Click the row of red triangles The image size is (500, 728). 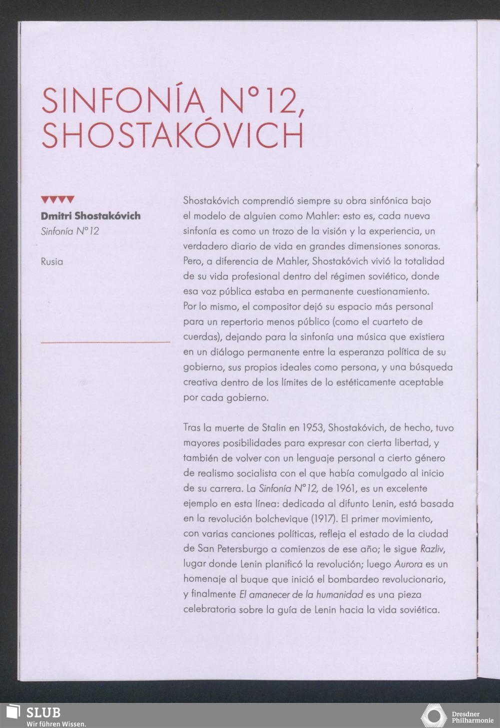click(x=57, y=200)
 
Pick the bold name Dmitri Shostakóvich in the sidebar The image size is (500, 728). click(x=90, y=216)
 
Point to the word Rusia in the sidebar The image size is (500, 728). click(x=52, y=261)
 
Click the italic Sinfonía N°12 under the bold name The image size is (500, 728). click(x=70, y=231)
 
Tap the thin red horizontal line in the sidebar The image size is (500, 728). click(x=105, y=342)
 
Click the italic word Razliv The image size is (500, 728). click(x=432, y=549)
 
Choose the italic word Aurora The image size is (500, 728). click(x=408, y=564)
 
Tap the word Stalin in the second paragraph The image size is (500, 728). click(x=273, y=428)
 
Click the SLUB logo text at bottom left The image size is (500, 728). click(x=43, y=712)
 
